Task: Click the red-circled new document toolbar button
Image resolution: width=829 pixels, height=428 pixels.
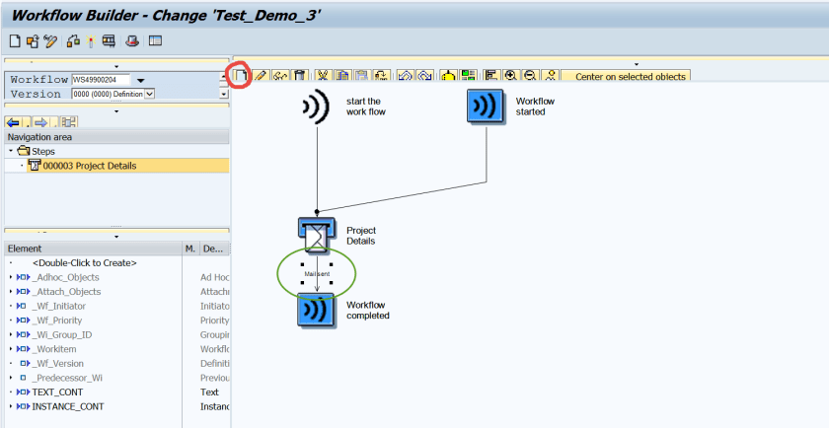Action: click(239, 75)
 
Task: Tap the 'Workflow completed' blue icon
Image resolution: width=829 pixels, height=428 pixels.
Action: click(317, 310)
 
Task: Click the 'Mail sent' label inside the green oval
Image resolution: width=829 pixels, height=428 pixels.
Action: click(316, 272)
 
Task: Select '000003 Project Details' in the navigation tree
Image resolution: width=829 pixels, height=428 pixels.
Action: click(89, 166)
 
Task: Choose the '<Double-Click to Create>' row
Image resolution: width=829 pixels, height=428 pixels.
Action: click(84, 263)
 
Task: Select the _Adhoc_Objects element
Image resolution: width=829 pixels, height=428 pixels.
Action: click(66, 277)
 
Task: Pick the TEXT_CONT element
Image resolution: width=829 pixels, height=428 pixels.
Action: click(57, 392)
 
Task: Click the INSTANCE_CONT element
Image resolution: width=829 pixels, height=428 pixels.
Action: click(67, 406)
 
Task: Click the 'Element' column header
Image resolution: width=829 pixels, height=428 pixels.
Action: click(25, 249)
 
